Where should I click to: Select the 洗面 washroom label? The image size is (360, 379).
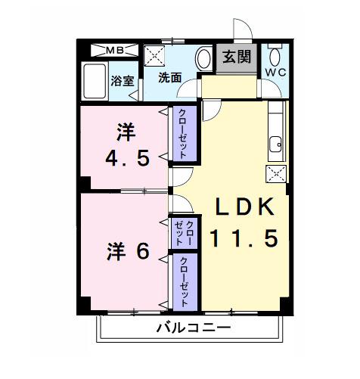169,77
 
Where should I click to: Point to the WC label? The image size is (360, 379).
275,72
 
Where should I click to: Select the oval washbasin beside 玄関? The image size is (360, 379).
203,57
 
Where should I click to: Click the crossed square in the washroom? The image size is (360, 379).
157,55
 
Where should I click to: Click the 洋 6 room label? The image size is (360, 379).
126,251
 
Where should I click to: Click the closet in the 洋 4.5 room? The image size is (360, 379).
182,133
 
